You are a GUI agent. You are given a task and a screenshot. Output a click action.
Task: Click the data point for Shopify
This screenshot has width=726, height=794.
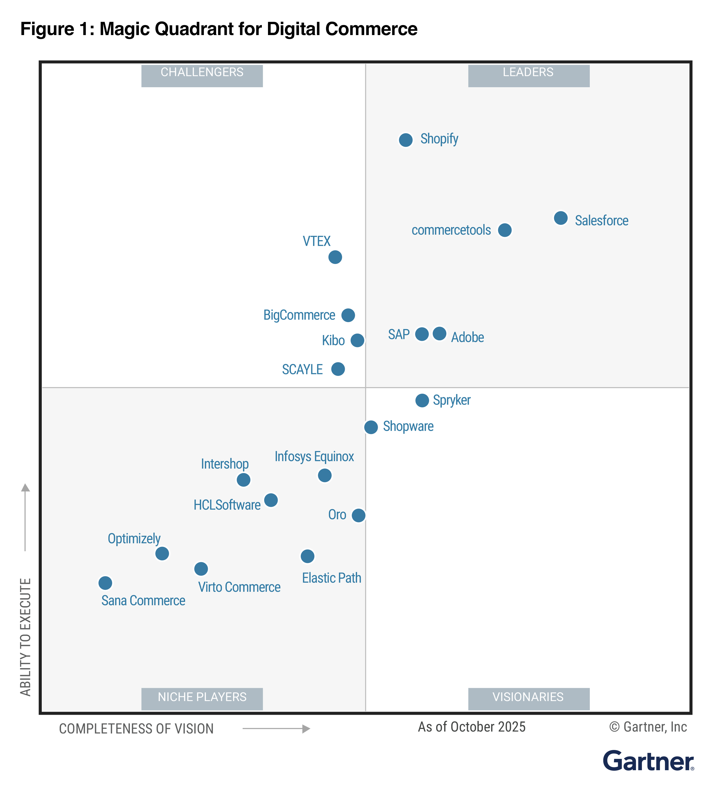(406, 140)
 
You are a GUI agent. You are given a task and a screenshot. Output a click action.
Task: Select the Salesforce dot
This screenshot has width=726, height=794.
(561, 218)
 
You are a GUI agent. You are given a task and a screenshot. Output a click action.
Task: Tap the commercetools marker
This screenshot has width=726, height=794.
(505, 230)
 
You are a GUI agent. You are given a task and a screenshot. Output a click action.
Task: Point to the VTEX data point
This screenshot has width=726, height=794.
(335, 257)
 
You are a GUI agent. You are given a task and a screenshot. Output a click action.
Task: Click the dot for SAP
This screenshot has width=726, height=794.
(422, 334)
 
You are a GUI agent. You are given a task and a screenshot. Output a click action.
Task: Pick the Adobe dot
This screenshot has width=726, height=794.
(440, 334)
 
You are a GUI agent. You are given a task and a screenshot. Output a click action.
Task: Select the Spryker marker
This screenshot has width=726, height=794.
(422, 401)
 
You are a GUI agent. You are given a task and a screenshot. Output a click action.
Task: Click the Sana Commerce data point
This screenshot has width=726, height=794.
(105, 583)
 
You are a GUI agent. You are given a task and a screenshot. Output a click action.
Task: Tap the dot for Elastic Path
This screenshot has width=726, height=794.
(307, 556)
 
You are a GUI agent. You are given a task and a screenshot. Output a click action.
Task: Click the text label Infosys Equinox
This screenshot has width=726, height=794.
(314, 456)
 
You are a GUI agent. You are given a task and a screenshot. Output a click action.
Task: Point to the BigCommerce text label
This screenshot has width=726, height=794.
(299, 315)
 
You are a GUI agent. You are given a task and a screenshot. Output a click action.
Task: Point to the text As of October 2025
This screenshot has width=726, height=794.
(471, 727)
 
